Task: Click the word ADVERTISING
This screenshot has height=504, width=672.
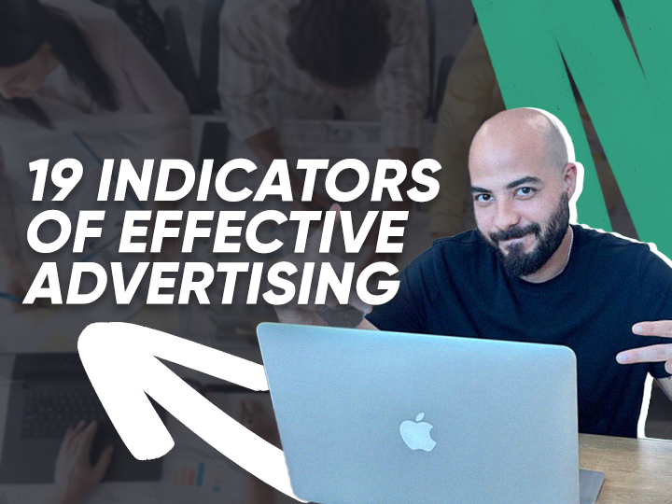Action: click(x=205, y=281)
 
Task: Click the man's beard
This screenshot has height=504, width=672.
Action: click(x=532, y=245)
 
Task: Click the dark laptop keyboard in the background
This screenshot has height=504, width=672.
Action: click(x=56, y=401)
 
